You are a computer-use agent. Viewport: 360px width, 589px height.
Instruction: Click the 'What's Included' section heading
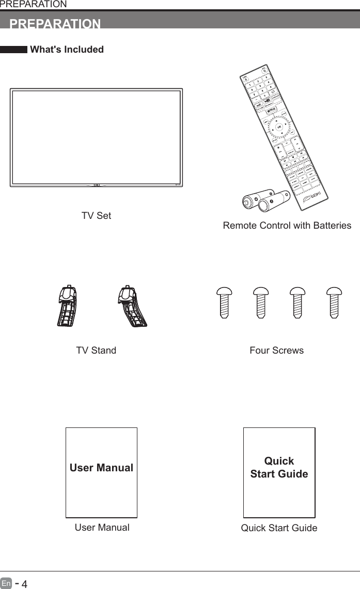pyautogui.click(x=67, y=50)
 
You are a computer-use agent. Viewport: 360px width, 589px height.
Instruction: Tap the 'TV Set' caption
pyautogui.click(x=96, y=216)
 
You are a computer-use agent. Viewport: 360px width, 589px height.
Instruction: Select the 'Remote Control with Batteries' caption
pyautogui.click(x=287, y=226)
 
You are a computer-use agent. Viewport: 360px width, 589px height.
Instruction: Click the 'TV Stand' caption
pyautogui.click(x=96, y=351)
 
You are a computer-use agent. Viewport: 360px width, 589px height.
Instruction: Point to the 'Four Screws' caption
pyautogui.click(x=276, y=351)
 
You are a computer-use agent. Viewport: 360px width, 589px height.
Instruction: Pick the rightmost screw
pyautogui.click(x=335, y=303)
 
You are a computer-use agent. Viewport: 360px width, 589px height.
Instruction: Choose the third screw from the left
pyautogui.click(x=298, y=303)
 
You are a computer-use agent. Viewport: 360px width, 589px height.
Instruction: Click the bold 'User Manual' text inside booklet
pyautogui.click(x=101, y=468)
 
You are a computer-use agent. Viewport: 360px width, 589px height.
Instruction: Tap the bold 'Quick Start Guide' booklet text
pyautogui.click(x=279, y=467)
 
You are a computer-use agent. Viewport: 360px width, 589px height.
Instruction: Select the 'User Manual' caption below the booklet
pyautogui.click(x=102, y=528)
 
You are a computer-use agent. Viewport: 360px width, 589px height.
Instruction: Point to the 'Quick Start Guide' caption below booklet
pyautogui.click(x=279, y=528)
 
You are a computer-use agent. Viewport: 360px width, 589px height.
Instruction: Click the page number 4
pyautogui.click(x=24, y=584)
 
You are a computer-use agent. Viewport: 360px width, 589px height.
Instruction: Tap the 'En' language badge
pyautogui.click(x=6, y=584)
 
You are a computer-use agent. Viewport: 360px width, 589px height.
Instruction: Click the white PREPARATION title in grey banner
pyautogui.click(x=55, y=24)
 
